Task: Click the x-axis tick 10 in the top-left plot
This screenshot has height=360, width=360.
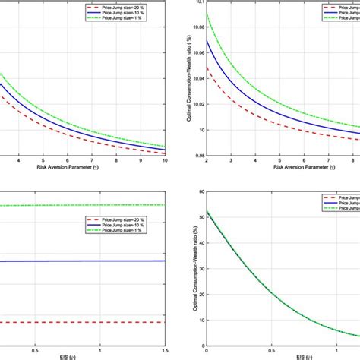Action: (165, 161)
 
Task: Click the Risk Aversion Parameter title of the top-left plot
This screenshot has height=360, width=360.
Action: (92, 169)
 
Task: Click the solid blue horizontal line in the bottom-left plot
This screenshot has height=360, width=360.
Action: (76, 261)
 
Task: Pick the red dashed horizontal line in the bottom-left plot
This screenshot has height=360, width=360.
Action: (76, 322)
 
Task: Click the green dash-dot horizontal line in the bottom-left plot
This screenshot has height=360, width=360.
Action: (76, 205)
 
